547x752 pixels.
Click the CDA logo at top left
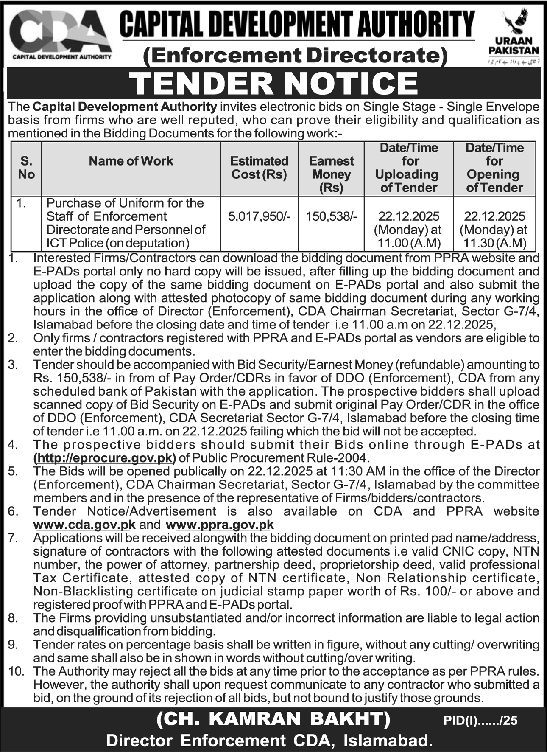60,35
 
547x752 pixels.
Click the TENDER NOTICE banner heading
273,83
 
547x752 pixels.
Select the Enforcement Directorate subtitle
296,56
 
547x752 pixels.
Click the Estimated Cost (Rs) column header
259,168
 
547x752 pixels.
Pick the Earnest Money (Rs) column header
331,174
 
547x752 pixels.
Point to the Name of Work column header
131,161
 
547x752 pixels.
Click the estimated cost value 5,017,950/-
259,216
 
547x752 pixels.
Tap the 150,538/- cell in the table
331,216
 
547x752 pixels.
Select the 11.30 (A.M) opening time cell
494,243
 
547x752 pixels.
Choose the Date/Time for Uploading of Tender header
408,168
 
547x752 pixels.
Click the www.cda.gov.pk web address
84,525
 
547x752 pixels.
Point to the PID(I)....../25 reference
481,720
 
